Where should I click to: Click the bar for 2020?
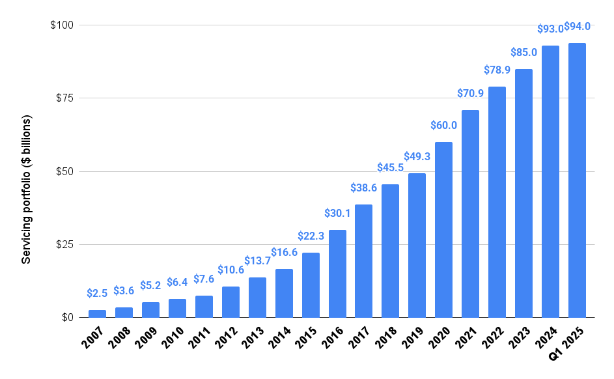tap(443, 229)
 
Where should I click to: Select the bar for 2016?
tap(337, 274)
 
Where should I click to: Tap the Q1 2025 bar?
tap(577, 180)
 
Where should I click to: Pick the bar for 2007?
tap(97, 313)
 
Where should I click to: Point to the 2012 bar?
tap(230, 302)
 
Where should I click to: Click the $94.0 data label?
tap(577, 27)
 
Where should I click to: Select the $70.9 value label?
tap(470, 94)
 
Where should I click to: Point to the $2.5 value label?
tap(97, 294)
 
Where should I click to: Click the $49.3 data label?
tap(417, 157)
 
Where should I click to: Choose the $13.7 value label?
tap(257, 261)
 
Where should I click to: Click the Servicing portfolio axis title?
tap(27, 189)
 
